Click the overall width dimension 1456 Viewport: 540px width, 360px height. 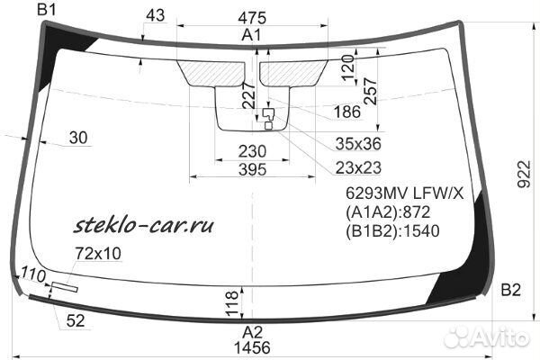252,347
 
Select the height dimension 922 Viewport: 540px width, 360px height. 524,174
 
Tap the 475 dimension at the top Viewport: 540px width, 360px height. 252,18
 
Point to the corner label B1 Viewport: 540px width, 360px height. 47,10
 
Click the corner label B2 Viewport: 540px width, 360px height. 510,290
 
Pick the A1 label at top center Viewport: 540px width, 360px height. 252,35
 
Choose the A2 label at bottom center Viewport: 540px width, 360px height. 252,332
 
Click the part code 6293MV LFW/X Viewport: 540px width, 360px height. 405,193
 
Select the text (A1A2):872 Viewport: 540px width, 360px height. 388,212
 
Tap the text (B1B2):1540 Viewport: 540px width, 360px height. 392,230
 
